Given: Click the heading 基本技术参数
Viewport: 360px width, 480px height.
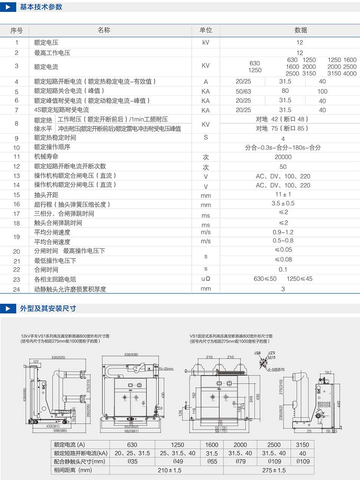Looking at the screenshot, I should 41,7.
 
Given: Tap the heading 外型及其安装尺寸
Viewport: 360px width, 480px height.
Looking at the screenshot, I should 48,308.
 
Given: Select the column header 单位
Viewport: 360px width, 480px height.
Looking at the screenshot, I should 206,30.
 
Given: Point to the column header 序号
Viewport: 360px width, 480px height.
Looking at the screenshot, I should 17,30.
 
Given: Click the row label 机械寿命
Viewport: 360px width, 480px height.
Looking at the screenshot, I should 46,156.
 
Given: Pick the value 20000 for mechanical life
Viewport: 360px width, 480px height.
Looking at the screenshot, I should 283,157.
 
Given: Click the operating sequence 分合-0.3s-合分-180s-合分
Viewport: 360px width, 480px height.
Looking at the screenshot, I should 283,147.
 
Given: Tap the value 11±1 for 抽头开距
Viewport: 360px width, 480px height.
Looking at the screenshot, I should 283,194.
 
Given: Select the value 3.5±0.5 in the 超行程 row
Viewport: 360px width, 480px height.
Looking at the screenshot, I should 283,203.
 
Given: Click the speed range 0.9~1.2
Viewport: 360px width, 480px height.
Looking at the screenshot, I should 283,232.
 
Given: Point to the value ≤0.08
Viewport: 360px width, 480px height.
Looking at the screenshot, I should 283,259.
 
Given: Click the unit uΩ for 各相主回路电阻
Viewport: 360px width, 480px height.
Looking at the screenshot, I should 206,279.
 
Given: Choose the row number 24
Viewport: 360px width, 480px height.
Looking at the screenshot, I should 17,289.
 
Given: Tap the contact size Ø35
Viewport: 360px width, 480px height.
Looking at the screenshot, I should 132,461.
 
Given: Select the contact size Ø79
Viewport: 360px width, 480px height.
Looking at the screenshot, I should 240,461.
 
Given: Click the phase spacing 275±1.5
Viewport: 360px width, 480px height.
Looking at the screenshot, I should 275,470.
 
